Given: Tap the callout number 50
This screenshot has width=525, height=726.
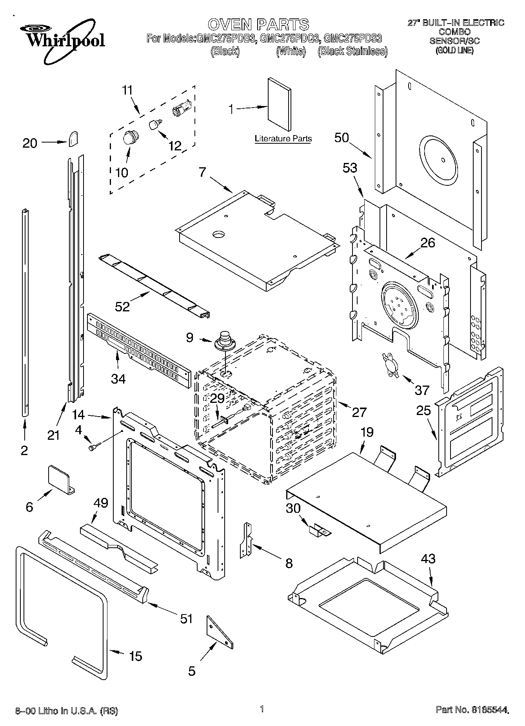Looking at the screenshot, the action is (x=342, y=138).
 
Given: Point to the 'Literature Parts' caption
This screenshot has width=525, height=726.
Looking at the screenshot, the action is (x=283, y=139).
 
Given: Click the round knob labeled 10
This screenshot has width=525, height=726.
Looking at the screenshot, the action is (x=129, y=138).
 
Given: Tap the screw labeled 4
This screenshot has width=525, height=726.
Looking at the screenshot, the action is (x=94, y=447).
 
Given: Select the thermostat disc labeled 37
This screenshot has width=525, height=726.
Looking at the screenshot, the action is (x=389, y=364).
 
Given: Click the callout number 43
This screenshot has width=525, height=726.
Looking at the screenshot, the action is (x=428, y=558).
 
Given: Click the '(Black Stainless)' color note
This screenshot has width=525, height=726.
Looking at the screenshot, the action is (x=352, y=51).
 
